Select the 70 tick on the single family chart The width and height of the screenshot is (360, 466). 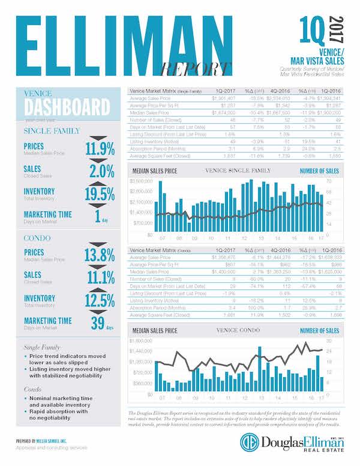tap(329, 180)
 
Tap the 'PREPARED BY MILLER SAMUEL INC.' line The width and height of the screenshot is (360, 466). tap(46, 441)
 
